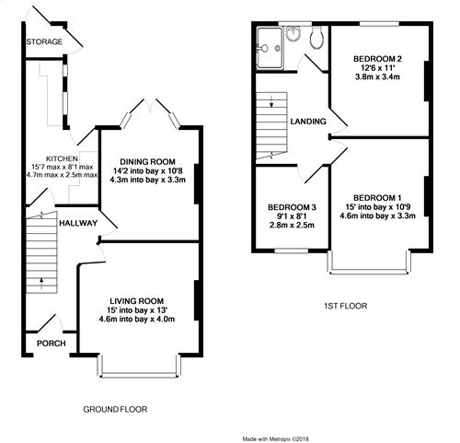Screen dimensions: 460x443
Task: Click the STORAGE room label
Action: [x=44, y=41]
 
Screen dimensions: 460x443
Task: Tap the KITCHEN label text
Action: [x=62, y=158]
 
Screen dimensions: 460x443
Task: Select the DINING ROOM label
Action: [x=147, y=162]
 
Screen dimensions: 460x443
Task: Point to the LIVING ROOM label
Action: [x=137, y=301]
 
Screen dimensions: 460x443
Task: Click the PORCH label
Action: [x=52, y=344]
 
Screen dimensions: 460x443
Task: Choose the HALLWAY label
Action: [x=78, y=223]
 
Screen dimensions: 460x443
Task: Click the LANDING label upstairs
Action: [x=308, y=122]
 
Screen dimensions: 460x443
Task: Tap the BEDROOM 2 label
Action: [x=377, y=59]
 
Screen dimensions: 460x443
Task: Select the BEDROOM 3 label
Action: [x=292, y=207]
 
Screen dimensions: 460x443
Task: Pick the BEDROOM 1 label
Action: [x=377, y=198]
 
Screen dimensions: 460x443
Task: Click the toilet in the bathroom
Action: [x=316, y=38]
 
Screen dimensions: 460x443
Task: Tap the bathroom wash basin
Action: [x=293, y=33]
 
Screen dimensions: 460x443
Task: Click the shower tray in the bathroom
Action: [x=270, y=48]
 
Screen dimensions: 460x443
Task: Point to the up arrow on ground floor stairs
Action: [x=41, y=284]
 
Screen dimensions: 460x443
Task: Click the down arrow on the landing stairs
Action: [x=271, y=101]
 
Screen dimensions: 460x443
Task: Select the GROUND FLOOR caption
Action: [x=115, y=409]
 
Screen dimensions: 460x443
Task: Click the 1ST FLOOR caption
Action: [x=346, y=306]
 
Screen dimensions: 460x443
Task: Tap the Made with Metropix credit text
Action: [x=276, y=439]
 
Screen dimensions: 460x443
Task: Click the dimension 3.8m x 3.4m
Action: [x=377, y=76]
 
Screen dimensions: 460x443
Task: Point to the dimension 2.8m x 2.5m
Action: [x=292, y=226]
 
